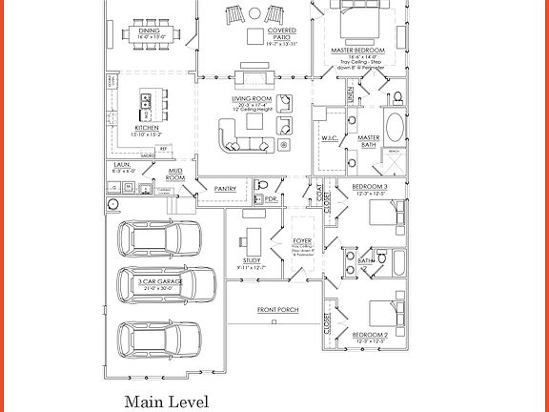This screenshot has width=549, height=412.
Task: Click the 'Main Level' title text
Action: [166, 402]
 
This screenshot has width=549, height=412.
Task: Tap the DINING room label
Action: [150, 31]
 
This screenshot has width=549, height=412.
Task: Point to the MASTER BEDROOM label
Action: [357, 50]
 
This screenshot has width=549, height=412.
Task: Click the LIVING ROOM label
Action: [252, 98]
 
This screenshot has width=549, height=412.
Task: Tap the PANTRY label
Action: [226, 188]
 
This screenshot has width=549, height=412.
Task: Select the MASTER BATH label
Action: [368, 141]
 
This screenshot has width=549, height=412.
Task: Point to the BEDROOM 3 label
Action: [370, 185]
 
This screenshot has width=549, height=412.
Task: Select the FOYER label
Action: [302, 241]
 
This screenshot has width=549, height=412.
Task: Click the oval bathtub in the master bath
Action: [394, 127]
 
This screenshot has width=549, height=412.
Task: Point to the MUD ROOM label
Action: [175, 175]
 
